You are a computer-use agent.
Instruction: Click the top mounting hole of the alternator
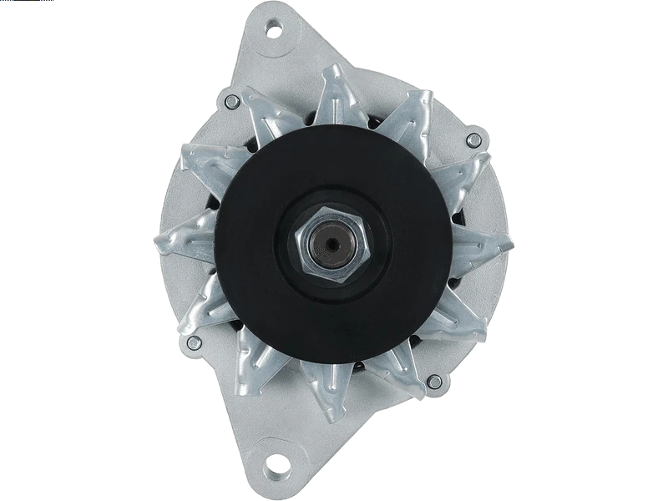point(273,31)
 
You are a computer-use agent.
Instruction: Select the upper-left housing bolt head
point(231,101)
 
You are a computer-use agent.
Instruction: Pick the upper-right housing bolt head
point(473,139)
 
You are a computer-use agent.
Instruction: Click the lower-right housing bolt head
point(434,381)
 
